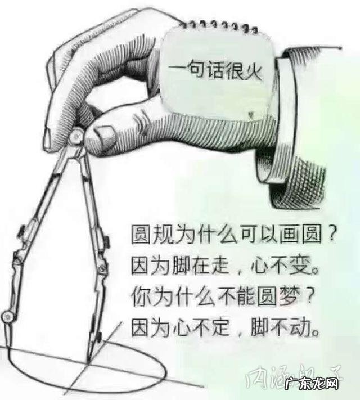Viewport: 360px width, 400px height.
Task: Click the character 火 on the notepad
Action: point(253,71)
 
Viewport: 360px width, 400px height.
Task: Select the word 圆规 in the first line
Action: point(150,232)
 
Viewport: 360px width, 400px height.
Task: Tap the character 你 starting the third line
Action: point(139,295)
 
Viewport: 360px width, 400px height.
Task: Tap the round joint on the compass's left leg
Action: point(7,316)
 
